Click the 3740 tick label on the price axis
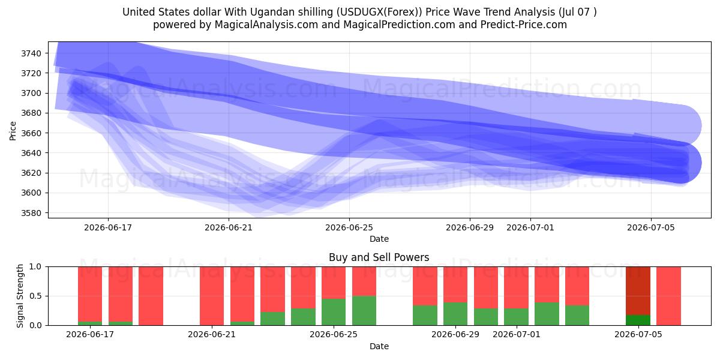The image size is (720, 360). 31,53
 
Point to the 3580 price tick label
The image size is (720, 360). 31,213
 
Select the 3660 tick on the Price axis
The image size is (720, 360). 31,133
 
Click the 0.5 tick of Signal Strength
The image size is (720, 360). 35,296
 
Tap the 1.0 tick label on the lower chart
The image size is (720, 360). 35,267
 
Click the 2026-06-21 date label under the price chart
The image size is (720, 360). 229,227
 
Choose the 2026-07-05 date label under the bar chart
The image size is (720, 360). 638,335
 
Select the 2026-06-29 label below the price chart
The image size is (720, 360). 470,227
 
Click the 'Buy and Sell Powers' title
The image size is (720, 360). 379,257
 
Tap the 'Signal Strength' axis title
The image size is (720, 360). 20,296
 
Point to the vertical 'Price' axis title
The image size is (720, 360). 13,131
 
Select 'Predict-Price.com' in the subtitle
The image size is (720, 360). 524,25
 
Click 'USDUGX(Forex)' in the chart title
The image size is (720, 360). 379,12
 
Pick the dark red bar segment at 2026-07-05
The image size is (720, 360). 638,291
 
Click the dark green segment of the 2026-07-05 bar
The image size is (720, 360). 638,320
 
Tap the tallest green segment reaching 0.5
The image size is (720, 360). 364,311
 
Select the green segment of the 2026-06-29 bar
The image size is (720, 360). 455,314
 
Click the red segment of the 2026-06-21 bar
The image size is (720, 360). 212,296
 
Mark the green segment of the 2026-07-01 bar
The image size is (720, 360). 516,317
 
